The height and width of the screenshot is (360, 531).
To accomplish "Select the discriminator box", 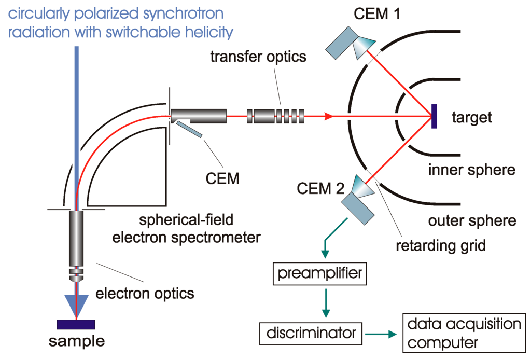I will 310,332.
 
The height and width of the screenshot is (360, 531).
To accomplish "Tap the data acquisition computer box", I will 463,334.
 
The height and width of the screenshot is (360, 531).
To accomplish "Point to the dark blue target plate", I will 434,116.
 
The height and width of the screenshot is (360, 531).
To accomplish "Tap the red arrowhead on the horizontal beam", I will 327,116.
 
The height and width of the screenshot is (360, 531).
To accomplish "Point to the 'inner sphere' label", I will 472,169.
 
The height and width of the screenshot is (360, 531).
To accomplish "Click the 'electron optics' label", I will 145,294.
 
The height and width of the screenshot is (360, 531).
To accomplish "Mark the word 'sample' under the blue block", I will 76,342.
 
